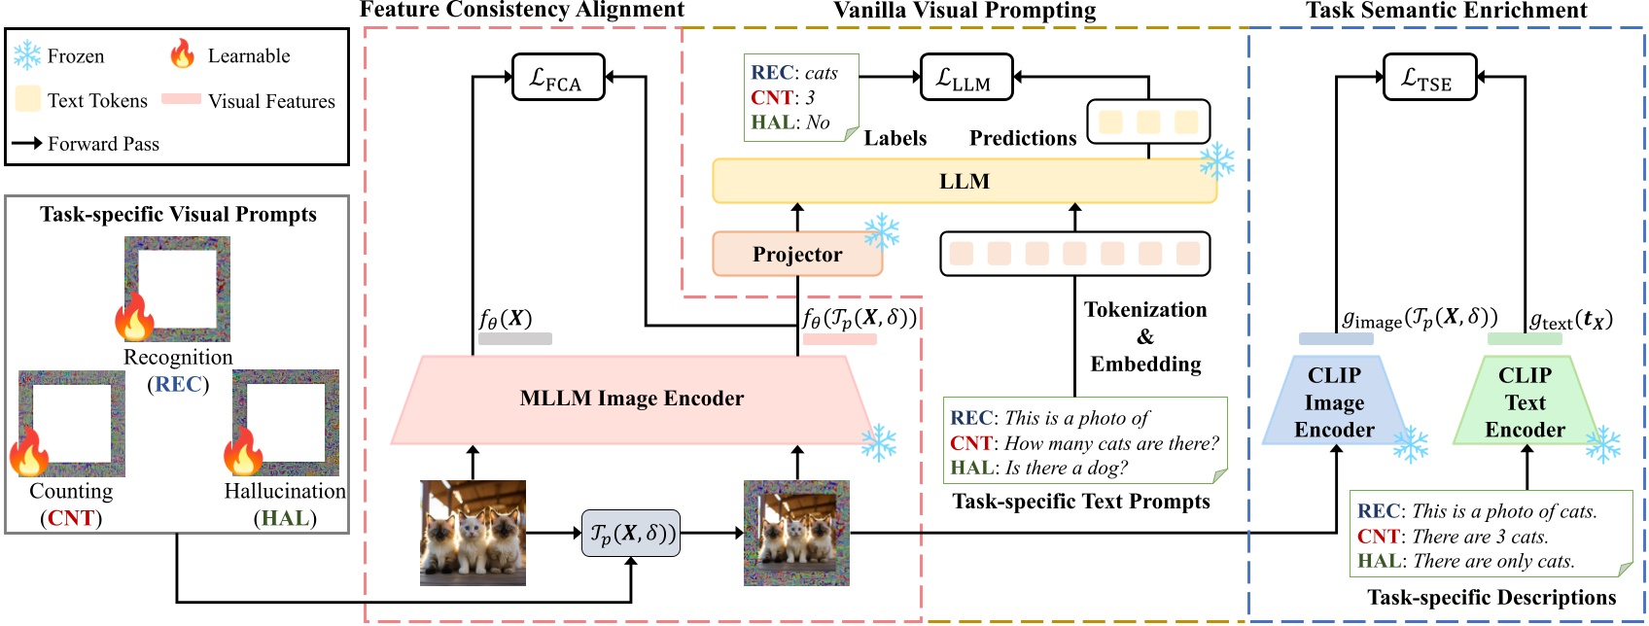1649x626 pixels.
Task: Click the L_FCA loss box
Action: pyautogui.click(x=558, y=77)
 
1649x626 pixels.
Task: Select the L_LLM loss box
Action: pyautogui.click(x=965, y=77)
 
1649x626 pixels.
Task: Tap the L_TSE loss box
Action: pyautogui.click(x=1429, y=77)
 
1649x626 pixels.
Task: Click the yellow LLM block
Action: pyautogui.click(x=964, y=182)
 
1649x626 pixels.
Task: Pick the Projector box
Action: pyautogui.click(x=796, y=255)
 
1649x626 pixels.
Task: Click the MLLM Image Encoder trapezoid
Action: pyautogui.click(x=631, y=399)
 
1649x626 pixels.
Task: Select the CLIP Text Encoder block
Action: pyautogui.click(x=1524, y=402)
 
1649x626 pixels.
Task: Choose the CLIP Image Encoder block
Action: pyautogui.click(x=1334, y=402)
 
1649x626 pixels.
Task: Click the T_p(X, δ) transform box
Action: pyautogui.click(x=630, y=534)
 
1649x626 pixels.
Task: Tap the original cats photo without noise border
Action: pyautogui.click(x=473, y=533)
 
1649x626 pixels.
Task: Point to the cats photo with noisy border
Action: pyautogui.click(x=796, y=533)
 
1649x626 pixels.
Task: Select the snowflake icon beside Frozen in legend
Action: pyautogui.click(x=26, y=55)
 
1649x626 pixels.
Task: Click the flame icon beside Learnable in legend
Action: pyautogui.click(x=182, y=54)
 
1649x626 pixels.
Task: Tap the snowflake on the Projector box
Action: pyautogui.click(x=881, y=231)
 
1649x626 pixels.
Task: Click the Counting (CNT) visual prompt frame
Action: pyautogui.click(x=72, y=417)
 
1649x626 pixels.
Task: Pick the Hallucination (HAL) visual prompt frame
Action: pyautogui.click(x=286, y=417)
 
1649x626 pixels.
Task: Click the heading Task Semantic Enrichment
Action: pyautogui.click(x=1446, y=11)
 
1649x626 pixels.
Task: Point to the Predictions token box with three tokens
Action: pyautogui.click(x=1147, y=122)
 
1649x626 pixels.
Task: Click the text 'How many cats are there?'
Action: pyautogui.click(x=1111, y=443)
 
